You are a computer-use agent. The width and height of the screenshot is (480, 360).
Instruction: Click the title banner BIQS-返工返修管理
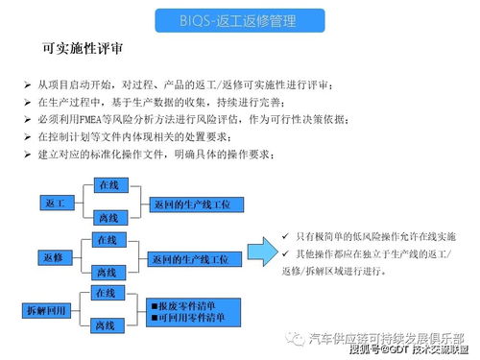pos(239,19)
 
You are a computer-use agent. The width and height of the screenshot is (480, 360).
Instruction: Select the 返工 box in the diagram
pos(55,204)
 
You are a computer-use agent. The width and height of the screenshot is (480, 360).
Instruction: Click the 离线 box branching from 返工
pos(108,219)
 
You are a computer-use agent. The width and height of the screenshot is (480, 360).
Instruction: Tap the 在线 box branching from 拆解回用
pos(105,292)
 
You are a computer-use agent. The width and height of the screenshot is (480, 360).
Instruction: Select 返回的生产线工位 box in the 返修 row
pos(192,259)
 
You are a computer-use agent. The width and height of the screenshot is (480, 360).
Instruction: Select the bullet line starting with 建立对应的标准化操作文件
pos(163,154)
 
